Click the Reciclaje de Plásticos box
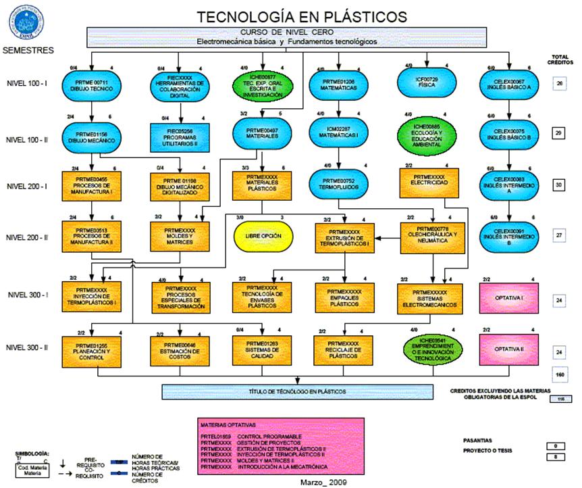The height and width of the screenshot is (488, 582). pyautogui.click(x=344, y=349)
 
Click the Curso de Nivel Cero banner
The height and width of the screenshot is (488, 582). pyautogui.click(x=287, y=36)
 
